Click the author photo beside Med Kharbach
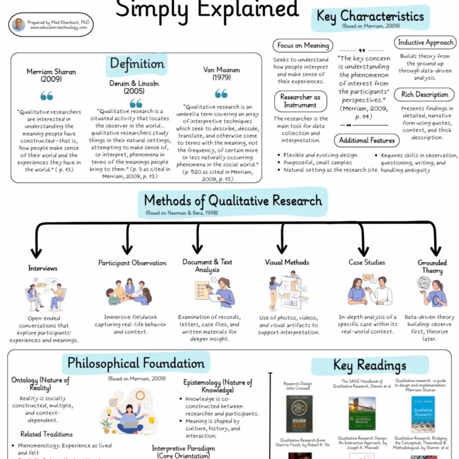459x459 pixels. (19, 25)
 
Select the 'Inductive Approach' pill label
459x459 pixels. (425, 43)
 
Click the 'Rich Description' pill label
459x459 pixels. (424, 95)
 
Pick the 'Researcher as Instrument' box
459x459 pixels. (300, 101)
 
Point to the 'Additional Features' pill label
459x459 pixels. (367, 140)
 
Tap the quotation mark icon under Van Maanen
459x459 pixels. (221, 93)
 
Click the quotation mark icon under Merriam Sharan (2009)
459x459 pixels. (47, 95)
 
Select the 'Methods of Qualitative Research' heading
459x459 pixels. (233, 201)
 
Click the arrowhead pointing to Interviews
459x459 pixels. (36, 253)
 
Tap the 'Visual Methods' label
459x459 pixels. (287, 262)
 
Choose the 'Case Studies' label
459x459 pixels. (367, 262)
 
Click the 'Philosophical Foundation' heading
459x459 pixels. (136, 363)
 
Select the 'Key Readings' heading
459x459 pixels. (369, 365)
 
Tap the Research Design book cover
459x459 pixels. (299, 414)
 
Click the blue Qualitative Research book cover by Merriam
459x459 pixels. (423, 413)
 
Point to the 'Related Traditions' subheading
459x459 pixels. (46, 434)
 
